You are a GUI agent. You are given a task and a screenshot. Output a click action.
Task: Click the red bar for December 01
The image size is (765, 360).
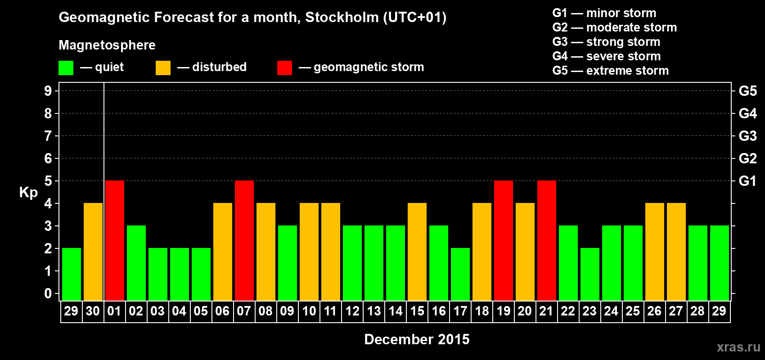115,240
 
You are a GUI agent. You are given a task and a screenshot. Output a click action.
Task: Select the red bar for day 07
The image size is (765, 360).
244,240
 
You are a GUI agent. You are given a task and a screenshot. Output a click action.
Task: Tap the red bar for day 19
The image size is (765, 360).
504,240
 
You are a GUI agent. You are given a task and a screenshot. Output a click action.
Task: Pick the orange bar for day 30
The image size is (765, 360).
93,252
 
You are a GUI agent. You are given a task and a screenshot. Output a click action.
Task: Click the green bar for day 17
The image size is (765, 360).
460,274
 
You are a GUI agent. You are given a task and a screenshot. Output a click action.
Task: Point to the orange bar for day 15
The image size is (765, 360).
417,252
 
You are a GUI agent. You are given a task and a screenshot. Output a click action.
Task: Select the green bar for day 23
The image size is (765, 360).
590,274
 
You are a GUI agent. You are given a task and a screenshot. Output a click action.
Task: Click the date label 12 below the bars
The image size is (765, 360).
352,311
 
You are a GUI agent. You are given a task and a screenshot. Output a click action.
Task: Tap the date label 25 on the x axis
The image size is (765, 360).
633,311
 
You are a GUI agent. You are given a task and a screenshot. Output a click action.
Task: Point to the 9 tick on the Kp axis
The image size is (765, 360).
48,91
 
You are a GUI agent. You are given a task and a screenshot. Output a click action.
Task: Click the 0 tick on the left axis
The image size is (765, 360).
48,293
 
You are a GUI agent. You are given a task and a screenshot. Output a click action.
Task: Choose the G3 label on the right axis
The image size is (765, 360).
747,136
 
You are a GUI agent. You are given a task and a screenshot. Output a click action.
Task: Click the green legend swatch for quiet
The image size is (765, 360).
66,68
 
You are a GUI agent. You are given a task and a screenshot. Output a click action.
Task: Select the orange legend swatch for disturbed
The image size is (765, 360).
163,68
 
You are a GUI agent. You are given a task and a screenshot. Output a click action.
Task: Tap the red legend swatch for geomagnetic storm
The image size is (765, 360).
284,68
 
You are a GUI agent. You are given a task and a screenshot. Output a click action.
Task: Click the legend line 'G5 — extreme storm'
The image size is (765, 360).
610,71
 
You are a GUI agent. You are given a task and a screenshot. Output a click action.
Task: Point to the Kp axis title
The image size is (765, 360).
28,193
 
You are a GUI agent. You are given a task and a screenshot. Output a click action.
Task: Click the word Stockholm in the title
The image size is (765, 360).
342,18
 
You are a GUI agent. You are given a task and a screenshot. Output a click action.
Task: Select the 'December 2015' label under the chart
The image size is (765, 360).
417,339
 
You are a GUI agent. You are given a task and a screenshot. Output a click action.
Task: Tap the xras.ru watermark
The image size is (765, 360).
738,347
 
